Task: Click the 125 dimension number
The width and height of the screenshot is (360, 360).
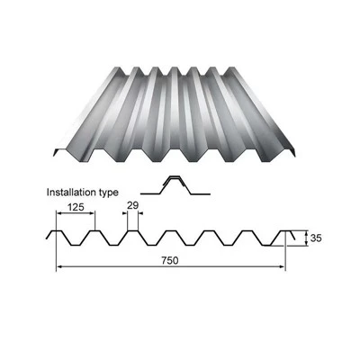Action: pos(76,207)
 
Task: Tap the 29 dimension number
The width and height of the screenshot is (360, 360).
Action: pos(132,205)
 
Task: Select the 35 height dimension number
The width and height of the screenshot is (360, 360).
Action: pos(316,238)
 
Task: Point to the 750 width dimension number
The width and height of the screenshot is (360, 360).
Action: pos(170,260)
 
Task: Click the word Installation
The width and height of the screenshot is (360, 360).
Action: pos(71,192)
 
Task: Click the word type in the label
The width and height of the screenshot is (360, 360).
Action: pos(108,193)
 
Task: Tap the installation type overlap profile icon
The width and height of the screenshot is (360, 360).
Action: pos(175,185)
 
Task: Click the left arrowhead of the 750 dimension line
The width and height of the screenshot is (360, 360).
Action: pos(59,266)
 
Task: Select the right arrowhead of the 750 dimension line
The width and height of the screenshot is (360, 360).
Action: pos(282,266)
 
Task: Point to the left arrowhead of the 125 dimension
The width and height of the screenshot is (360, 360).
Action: pos(59,213)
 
